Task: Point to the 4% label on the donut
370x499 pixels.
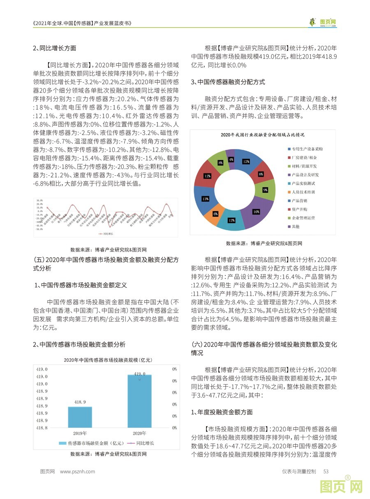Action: tap(231, 159)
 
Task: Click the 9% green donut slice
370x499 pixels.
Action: tap(265, 190)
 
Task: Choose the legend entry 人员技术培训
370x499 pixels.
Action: tap(303, 192)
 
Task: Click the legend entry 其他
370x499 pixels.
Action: tap(296, 226)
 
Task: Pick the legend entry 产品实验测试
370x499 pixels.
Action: tap(303, 183)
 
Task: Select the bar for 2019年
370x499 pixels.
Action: tap(80, 417)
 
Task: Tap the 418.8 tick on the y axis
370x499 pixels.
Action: tap(42, 428)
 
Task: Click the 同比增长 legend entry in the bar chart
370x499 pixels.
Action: tap(145, 443)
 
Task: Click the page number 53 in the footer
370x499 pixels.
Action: tap(326, 472)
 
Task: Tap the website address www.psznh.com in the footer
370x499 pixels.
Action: tap(77, 472)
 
